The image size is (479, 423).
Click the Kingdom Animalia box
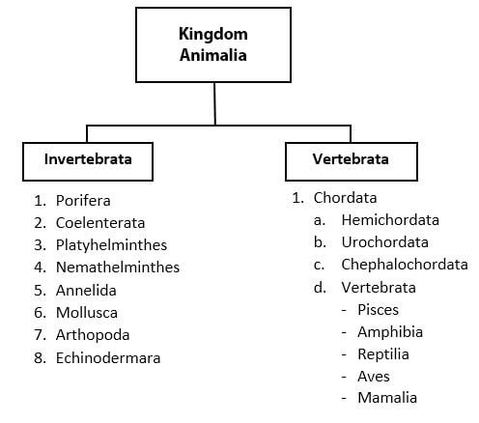213,45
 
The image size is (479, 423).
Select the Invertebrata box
88,161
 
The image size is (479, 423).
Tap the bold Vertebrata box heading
351,159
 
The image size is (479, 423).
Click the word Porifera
83,201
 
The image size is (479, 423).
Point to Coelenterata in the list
100,223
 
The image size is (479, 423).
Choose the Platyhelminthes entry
111,245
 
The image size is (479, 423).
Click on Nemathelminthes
118,268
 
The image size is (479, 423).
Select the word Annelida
86,291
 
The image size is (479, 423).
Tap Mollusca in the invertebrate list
87,313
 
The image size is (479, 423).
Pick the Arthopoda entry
93,335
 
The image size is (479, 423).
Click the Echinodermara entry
108,358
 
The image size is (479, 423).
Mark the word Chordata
345,198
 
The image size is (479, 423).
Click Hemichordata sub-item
390,220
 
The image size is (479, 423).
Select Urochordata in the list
385,242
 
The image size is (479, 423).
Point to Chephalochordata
405,265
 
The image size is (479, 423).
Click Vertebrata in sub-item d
379,288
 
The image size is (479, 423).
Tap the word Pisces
378,310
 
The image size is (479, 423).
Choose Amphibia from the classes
390,332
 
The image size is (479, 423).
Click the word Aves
374,377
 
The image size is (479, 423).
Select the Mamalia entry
387,398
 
